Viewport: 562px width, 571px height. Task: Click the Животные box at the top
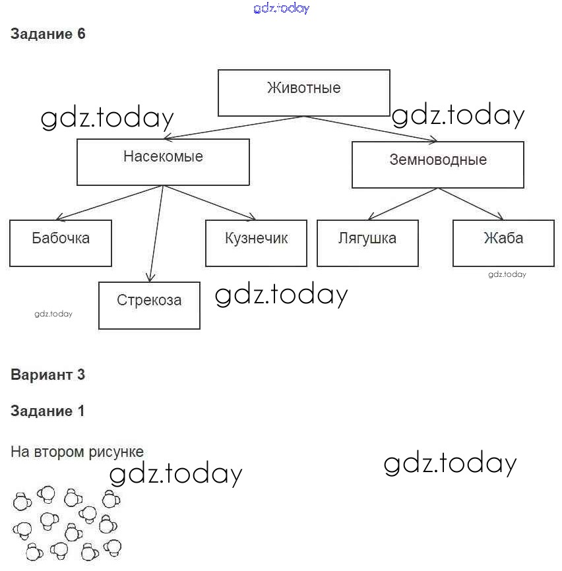[303, 93]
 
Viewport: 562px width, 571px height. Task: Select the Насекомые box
[163, 162]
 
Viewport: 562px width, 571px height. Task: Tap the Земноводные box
[437, 165]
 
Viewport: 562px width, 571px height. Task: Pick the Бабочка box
[61, 243]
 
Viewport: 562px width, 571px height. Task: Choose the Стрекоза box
[149, 305]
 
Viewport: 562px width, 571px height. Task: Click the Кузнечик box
[256, 243]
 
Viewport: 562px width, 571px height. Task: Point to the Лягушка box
[367, 243]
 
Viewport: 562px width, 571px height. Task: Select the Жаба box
[503, 243]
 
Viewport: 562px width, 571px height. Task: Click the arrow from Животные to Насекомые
[234, 128]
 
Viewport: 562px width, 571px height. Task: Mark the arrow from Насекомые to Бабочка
[109, 202]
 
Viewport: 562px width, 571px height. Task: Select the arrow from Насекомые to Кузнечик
[210, 202]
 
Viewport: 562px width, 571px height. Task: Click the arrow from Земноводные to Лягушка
[402, 204]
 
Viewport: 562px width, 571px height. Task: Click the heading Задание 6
[48, 34]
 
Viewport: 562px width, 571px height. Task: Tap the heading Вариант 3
[48, 375]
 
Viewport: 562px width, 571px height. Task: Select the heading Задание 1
[48, 411]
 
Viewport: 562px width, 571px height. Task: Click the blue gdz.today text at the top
[281, 9]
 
